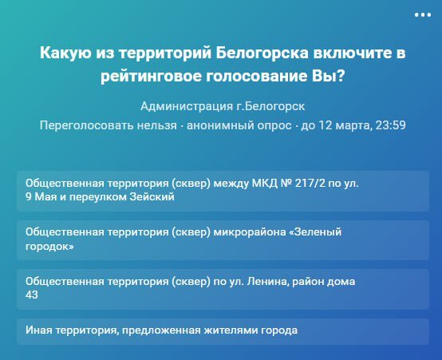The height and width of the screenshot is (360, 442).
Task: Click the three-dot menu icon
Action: tap(423, 15)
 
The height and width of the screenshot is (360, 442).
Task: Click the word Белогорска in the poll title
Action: tap(262, 53)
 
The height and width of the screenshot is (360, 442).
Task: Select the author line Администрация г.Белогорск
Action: tap(223, 106)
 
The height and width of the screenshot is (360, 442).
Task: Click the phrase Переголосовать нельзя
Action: tap(109, 125)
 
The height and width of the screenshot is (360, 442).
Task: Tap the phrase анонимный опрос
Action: tap(239, 125)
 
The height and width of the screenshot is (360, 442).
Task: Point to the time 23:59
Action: tap(390, 125)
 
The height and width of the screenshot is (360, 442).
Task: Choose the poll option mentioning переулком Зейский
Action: tap(223, 191)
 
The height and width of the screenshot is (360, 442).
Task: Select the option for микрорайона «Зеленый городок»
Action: tap(223, 240)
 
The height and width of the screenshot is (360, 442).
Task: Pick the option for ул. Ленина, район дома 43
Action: tap(223, 289)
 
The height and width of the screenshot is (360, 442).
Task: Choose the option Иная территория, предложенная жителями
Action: tap(223, 331)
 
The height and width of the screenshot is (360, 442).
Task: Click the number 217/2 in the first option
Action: tap(310, 184)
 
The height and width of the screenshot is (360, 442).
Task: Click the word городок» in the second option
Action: tap(49, 247)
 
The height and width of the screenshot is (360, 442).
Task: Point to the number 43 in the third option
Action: tap(32, 295)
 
